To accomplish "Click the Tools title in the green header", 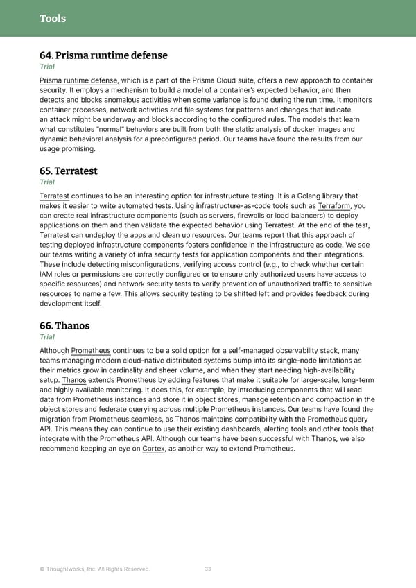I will pyautogui.click(x=53, y=19).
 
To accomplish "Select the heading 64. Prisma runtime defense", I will pyautogui.click(x=103, y=55).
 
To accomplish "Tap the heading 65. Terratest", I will pyautogui.click(x=69, y=171).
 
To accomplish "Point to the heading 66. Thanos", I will pyautogui.click(x=64, y=325).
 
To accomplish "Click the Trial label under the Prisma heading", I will pyautogui.click(x=47, y=67).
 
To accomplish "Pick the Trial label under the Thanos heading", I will pyautogui.click(x=47, y=337).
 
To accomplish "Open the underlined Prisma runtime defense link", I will pyautogui.click(x=78, y=81).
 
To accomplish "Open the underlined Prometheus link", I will pyautogui.click(x=91, y=350).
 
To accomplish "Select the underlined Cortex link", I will pyautogui.click(x=154, y=449).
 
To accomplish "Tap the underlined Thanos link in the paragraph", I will pyautogui.click(x=74, y=380).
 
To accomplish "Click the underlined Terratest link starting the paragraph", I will pyautogui.click(x=54, y=196).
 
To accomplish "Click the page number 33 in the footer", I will pyautogui.click(x=208, y=569).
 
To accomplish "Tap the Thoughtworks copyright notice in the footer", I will pyautogui.click(x=95, y=569).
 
